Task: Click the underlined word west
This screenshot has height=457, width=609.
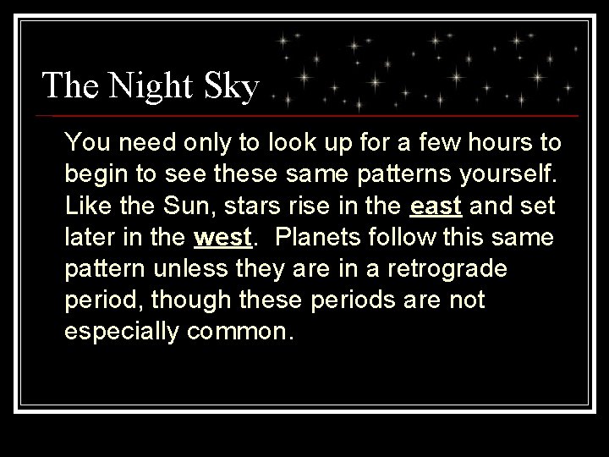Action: click(223, 238)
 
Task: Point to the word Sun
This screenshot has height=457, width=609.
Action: click(166, 206)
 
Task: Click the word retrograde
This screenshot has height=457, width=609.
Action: click(462, 269)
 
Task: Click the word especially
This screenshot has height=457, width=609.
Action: click(122, 332)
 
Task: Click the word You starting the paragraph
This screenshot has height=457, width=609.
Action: click(84, 145)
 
